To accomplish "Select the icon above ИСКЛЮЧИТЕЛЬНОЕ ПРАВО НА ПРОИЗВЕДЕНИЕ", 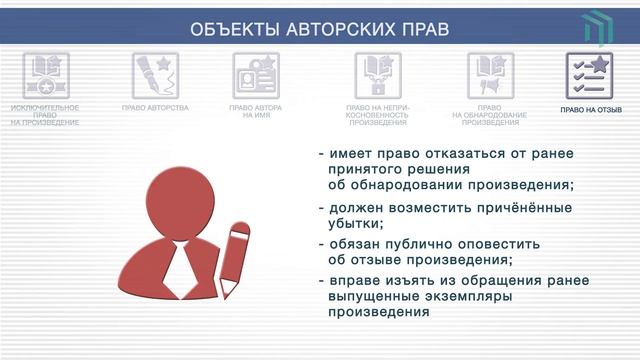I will [x=45, y=75].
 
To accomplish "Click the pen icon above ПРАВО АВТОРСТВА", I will [x=155, y=75].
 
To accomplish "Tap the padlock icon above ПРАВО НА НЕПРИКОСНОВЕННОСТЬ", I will [x=378, y=75].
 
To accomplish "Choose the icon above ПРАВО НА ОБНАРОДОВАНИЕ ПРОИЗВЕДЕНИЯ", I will [x=491, y=75].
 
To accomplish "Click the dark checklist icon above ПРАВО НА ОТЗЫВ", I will [x=589, y=75].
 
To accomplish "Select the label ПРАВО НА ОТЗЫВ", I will [x=591, y=110].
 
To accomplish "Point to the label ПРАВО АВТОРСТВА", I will [x=155, y=106].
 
